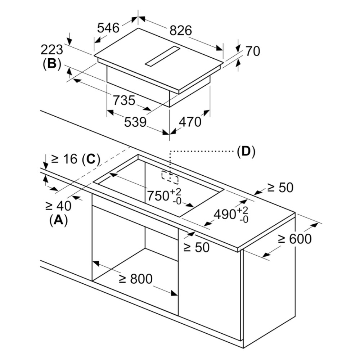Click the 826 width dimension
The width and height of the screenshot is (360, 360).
180,30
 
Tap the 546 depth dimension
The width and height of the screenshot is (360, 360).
108,28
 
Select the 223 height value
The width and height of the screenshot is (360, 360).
51,50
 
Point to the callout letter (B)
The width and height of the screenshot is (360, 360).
52,64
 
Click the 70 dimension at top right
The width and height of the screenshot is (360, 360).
253,51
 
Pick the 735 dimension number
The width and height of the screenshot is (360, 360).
124,100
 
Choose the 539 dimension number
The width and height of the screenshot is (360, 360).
135,122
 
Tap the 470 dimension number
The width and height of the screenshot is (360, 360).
190,122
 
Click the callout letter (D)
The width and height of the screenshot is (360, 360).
246,152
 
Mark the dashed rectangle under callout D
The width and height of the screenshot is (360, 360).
170,177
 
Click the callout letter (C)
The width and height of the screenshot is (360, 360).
91,159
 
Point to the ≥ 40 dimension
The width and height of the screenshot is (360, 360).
58,206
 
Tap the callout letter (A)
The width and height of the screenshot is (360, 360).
59,220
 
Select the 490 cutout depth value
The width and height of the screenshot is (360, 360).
231,215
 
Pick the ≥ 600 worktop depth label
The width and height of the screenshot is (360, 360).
295,239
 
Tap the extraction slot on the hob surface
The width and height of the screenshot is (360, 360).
162,56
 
